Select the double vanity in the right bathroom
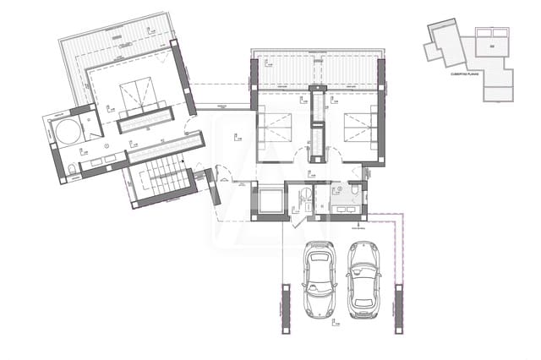click(344, 210)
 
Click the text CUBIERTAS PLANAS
click(464, 74)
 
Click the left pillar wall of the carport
click(285, 309)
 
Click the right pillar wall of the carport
click(400, 309)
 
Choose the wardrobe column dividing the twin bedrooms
click(318, 127)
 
